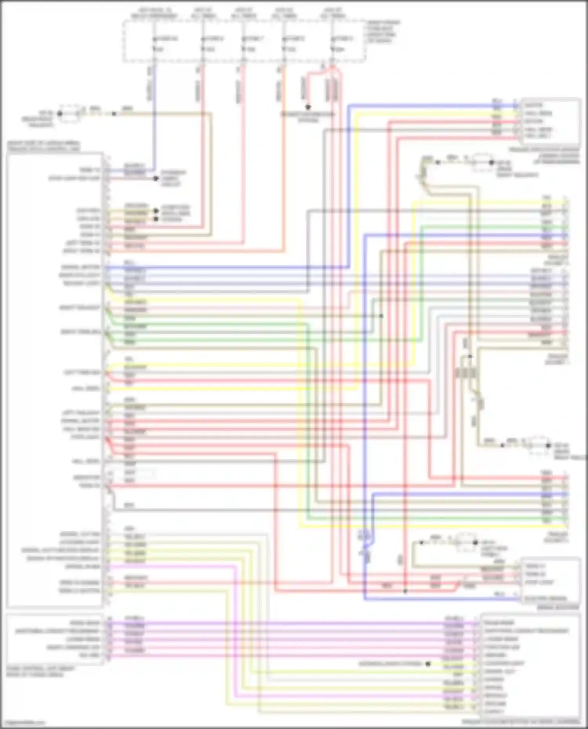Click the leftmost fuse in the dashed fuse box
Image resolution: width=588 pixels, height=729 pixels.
point(154,44)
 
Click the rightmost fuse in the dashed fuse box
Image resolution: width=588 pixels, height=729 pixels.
point(332,44)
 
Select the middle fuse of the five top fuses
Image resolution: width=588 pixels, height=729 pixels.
point(243,44)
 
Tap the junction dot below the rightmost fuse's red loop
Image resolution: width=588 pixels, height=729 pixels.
point(308,107)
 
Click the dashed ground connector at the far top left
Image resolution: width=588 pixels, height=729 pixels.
point(70,114)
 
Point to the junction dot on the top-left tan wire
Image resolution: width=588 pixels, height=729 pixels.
point(114,114)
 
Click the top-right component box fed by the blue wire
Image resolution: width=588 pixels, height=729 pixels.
point(550,121)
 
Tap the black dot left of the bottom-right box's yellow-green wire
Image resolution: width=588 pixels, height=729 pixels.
point(428,664)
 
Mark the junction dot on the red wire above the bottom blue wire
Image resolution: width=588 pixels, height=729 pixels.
point(405,591)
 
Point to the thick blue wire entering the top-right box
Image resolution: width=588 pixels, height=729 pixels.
point(431,105)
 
